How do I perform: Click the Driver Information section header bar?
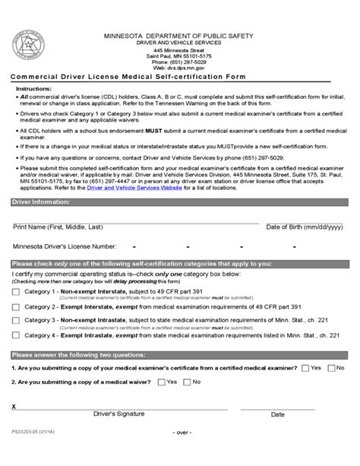(x=180, y=203)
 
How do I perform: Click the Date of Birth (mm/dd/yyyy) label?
(x=302, y=227)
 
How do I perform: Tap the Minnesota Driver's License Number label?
(x=65, y=246)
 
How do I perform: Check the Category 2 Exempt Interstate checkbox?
(x=16, y=307)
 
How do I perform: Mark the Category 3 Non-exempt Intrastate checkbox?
(x=16, y=322)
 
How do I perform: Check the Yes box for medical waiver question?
(x=160, y=382)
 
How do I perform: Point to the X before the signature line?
(x=14, y=407)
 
